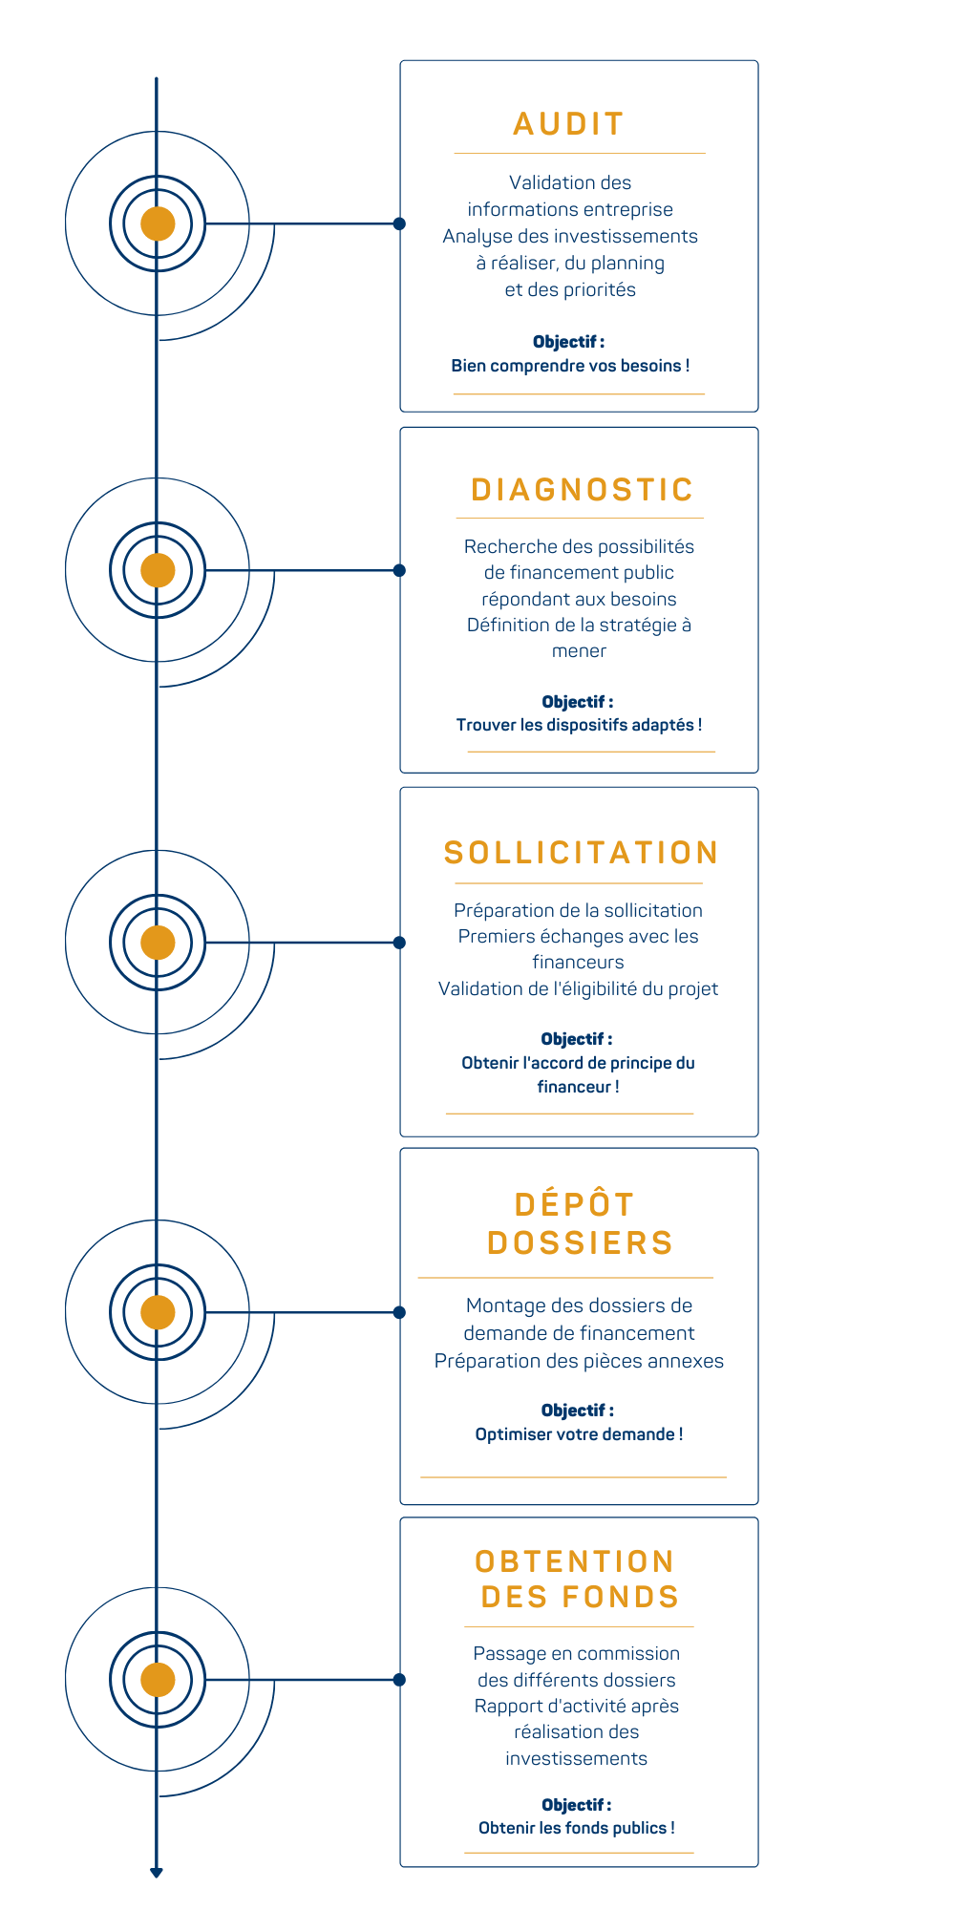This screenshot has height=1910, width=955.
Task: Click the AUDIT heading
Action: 568,124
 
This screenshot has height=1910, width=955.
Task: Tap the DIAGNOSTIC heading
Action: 582,490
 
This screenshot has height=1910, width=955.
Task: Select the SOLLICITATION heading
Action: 581,853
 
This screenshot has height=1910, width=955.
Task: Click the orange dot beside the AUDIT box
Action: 158,223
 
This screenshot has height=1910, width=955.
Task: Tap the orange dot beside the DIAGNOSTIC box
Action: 158,570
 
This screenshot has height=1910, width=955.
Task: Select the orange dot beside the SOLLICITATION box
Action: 158,943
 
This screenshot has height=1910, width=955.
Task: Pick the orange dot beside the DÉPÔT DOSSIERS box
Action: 158,1312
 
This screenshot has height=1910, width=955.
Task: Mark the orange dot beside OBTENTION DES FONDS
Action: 158,1680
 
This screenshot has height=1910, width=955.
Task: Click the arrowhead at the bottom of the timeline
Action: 157,1873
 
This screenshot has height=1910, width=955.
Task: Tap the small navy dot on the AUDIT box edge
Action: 399,223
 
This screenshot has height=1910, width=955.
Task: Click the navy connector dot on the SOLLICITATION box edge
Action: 399,943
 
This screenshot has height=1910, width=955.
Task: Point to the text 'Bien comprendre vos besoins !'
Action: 570,366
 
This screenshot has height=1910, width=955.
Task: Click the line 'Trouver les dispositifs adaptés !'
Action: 579,725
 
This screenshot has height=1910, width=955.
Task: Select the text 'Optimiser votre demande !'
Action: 579,1434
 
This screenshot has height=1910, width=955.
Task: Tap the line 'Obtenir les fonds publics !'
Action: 577,1828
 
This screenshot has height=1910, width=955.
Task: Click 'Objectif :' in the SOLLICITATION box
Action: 577,1039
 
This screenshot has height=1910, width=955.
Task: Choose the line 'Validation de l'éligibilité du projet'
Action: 578,988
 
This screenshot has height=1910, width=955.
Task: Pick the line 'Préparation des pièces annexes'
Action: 579,1361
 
